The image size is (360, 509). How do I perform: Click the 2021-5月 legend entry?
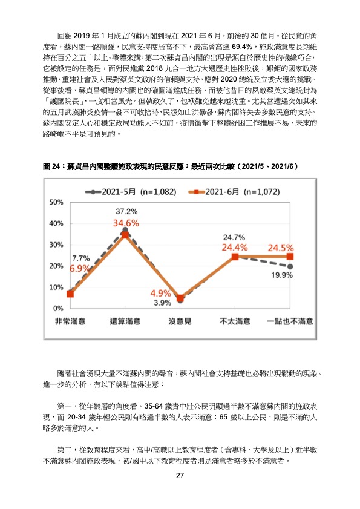(131, 192)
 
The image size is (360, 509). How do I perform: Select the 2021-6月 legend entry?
(234, 192)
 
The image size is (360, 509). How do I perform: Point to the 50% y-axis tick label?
(56, 202)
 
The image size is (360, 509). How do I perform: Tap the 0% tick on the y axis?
(59, 309)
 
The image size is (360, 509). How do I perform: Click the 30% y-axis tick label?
(56, 245)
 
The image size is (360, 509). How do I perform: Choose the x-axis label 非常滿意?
(70, 321)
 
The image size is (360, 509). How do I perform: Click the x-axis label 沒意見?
(180, 321)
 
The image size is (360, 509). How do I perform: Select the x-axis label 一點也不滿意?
(290, 321)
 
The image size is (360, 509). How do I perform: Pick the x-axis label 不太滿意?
(235, 321)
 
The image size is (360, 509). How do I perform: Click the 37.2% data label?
(126, 212)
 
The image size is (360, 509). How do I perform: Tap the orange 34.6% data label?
(126, 223)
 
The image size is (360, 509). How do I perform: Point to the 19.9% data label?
(282, 275)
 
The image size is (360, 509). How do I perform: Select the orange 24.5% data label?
(281, 248)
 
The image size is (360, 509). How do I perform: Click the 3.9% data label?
(163, 303)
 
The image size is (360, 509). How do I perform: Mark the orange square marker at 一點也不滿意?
(290, 257)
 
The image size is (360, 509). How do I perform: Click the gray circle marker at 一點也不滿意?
(290, 266)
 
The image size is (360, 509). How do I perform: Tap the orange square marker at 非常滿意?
(70, 294)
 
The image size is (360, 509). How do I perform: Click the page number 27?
(180, 475)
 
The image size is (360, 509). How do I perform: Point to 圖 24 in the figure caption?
(51, 166)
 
